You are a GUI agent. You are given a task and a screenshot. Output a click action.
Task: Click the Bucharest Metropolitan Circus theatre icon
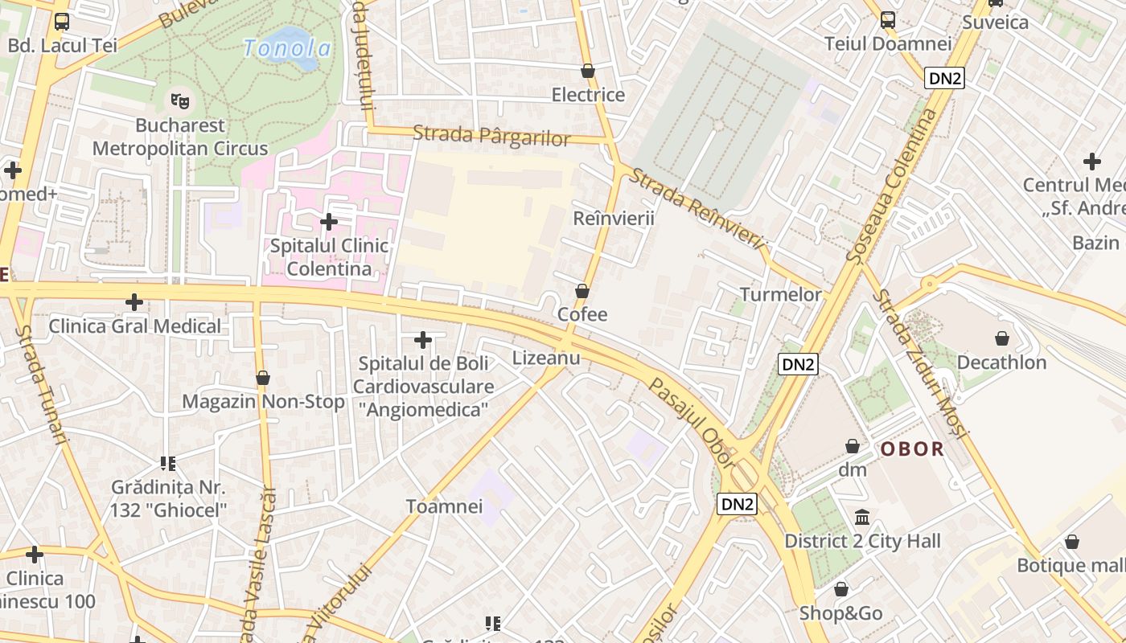click(179, 101)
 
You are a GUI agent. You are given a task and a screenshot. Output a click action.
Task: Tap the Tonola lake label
click(286, 48)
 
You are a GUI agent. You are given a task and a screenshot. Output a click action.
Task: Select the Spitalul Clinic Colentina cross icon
click(328, 221)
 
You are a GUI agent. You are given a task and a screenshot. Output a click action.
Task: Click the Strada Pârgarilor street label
click(491, 136)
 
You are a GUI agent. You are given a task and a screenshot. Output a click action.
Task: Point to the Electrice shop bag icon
click(588, 71)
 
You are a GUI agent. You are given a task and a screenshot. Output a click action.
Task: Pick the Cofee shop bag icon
click(581, 291)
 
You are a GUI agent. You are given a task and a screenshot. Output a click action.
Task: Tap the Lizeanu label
click(546, 358)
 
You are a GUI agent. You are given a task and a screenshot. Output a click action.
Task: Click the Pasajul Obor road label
click(692, 424)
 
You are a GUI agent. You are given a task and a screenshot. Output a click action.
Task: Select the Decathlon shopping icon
click(1002, 338)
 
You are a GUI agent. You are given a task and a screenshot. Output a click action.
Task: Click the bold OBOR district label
click(912, 449)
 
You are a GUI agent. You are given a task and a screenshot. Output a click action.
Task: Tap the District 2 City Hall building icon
click(862, 517)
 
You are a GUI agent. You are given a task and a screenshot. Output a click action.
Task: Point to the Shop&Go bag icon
click(840, 589)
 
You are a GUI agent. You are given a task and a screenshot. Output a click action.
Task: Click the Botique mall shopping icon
click(1071, 542)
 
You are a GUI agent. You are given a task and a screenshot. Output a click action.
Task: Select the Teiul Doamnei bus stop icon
click(888, 20)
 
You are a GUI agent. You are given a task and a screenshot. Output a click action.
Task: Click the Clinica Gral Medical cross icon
click(134, 302)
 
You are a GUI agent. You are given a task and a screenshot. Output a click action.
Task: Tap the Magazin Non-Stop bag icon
click(262, 378)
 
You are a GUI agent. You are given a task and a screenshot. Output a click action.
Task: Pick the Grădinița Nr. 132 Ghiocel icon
click(168, 463)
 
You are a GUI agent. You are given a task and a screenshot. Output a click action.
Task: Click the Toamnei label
click(444, 506)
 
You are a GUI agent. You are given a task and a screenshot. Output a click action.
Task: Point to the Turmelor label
click(781, 294)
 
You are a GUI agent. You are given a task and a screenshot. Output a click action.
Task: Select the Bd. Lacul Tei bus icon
click(62, 22)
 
